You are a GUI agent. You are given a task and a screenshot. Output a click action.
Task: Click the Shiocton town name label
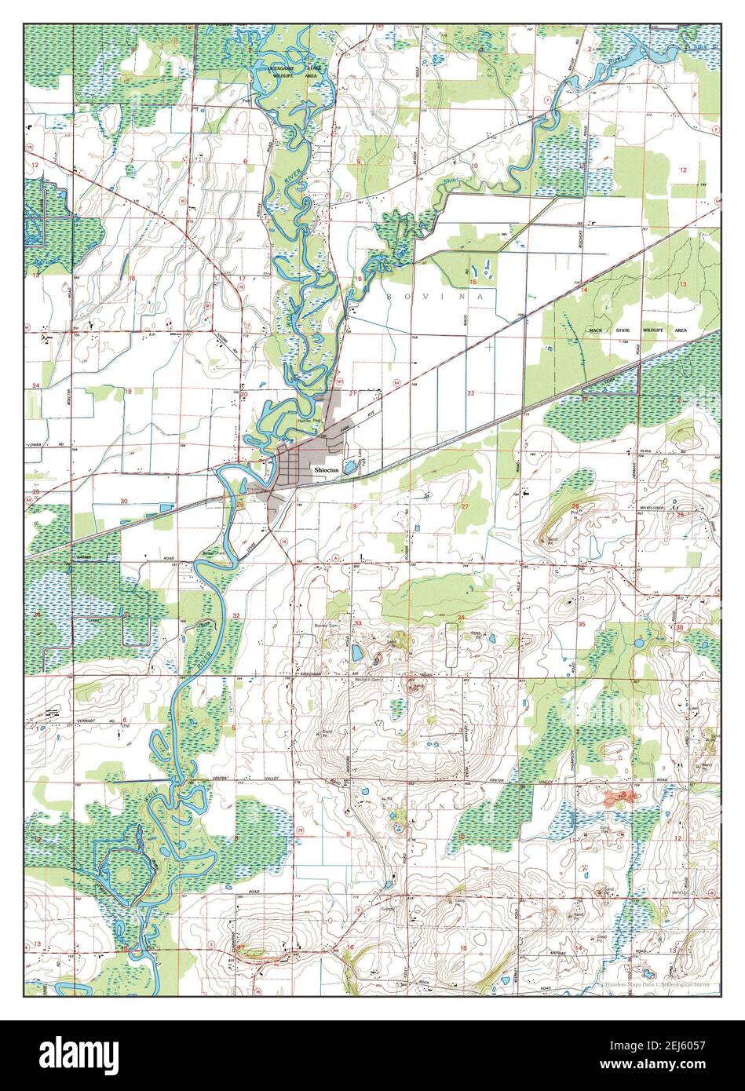[326, 469]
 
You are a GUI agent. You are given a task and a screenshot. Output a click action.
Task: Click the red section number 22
[471, 392]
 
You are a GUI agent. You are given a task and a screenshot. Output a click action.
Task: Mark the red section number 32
[236, 616]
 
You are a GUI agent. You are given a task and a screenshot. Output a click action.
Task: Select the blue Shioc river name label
[449, 182]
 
